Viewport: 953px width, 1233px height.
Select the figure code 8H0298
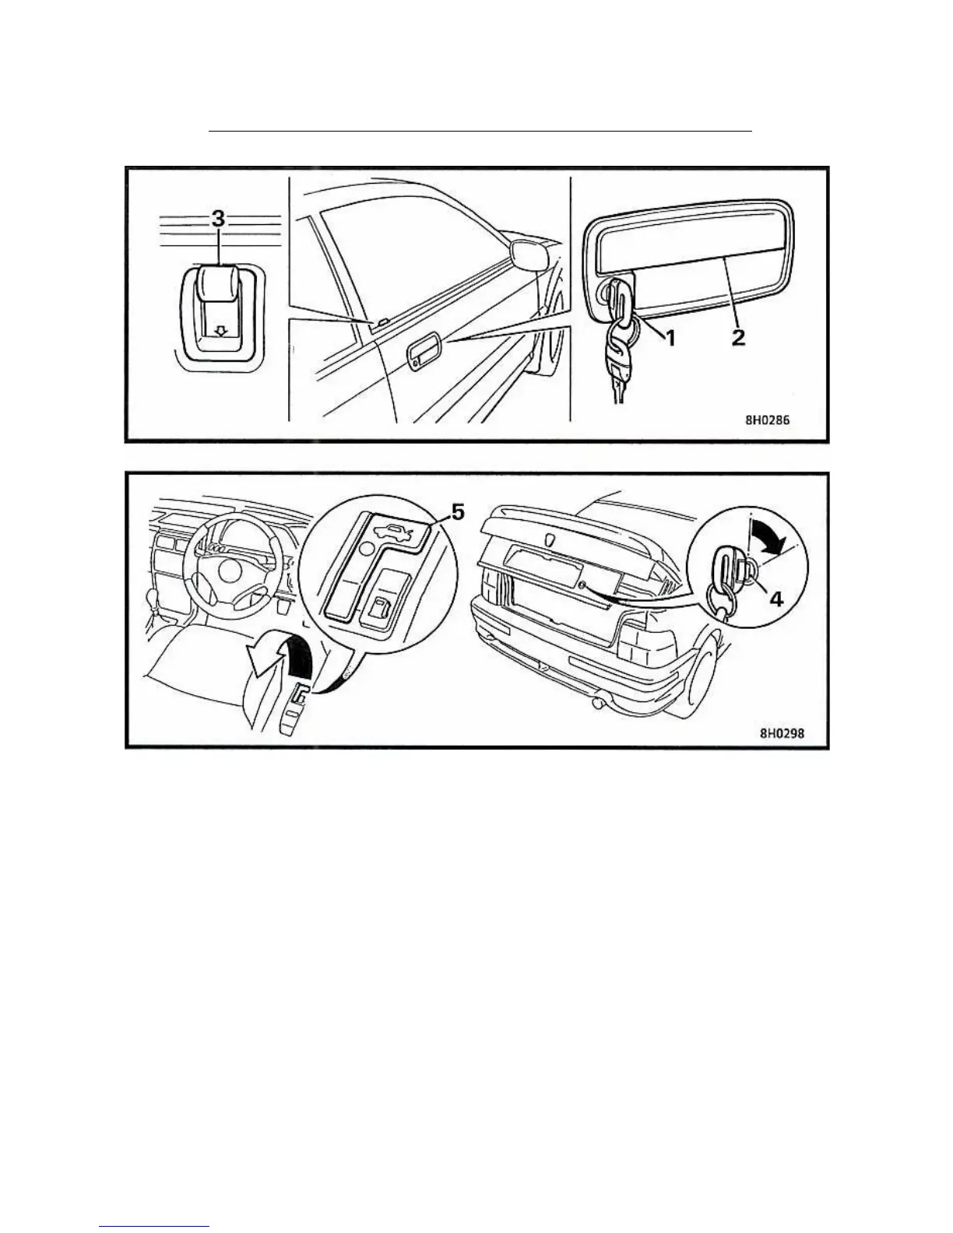pos(782,732)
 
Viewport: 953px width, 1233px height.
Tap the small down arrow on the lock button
pos(220,331)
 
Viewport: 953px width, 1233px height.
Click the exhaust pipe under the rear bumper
pos(600,704)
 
